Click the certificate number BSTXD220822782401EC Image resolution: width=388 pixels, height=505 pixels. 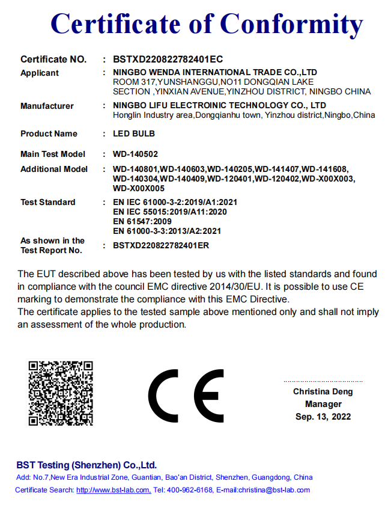coord(168,59)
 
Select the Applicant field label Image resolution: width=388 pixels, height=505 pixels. coord(40,73)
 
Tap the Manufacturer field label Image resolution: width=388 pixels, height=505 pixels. coord(47,106)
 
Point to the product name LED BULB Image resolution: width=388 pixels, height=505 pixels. coord(133,133)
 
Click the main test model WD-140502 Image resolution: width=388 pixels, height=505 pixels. coord(135,154)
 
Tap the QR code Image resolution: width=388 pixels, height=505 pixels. coord(61,393)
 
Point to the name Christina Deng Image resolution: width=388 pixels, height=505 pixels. coord(323,391)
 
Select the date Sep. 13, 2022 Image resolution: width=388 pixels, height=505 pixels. coord(323,417)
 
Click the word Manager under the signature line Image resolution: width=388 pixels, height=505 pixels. coord(323,404)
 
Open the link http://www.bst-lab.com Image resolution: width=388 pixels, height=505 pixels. coord(114,490)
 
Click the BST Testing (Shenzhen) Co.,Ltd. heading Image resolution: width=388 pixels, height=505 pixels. coord(86,465)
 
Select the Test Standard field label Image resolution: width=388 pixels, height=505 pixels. coord(48,202)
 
